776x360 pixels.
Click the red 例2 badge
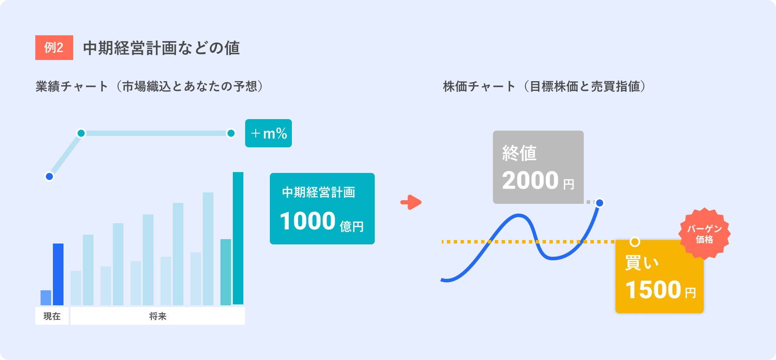click(54, 48)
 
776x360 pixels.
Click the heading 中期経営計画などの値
click(161, 48)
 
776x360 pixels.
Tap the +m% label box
click(269, 133)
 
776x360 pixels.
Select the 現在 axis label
click(52, 316)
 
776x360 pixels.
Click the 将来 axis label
click(158, 316)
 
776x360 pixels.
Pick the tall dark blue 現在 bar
click(58, 274)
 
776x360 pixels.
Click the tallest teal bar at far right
click(238, 238)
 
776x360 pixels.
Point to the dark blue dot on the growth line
click(49, 176)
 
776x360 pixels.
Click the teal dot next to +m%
click(231, 133)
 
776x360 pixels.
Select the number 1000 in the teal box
click(308, 221)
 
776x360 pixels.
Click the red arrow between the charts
click(411, 202)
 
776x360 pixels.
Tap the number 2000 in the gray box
click(530, 180)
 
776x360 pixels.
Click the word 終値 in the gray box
click(519, 153)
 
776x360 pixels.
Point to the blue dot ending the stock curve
click(600, 203)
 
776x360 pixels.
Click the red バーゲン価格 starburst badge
click(705, 234)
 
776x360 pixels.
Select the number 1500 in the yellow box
click(653, 290)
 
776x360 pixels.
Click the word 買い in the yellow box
click(642, 263)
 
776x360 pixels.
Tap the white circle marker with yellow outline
click(635, 242)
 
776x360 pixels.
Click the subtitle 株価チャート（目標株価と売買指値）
click(545, 86)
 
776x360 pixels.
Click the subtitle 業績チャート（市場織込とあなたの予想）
click(149, 86)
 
